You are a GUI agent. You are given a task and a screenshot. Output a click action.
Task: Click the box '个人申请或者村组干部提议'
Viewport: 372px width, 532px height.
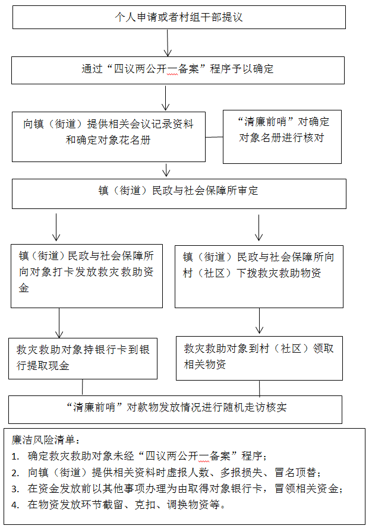pos(179,17)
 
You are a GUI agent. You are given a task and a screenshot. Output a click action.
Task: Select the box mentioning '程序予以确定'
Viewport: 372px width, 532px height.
pos(178,70)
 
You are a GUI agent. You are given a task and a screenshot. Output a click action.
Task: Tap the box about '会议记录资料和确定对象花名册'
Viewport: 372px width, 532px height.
pos(109,137)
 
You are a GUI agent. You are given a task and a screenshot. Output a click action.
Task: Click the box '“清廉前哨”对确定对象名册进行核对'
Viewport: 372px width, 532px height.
pos(282,137)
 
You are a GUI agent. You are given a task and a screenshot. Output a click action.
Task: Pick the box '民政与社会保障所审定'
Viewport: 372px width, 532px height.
pos(179,194)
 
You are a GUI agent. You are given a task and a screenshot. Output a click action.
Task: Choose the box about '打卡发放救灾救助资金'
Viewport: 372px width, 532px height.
pos(87,276)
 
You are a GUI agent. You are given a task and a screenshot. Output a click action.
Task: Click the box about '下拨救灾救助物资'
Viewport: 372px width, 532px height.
pos(259,277)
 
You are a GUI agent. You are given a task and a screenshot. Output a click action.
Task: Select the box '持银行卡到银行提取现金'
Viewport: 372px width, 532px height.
pos(83,358)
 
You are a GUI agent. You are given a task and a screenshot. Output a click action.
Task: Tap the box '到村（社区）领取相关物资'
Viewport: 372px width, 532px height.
pos(259,358)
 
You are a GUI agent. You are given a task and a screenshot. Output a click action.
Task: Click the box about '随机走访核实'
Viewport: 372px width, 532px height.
pos(175,410)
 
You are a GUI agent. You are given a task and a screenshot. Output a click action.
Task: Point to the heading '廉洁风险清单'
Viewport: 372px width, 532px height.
pos(46,440)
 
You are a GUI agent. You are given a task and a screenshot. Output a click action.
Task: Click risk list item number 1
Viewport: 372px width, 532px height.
pos(139,456)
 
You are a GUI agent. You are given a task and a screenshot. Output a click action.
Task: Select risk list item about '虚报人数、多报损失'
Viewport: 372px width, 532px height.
pos(166,472)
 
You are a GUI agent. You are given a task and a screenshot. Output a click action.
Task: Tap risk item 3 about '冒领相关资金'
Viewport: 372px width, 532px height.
pos(177,489)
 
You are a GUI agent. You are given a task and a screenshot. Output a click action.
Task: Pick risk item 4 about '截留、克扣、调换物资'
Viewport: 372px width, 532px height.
pos(118,505)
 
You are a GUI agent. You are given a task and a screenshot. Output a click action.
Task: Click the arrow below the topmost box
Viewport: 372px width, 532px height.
pos(168,43)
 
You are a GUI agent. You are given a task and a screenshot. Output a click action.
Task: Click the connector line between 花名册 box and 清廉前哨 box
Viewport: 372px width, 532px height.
pos(214,137)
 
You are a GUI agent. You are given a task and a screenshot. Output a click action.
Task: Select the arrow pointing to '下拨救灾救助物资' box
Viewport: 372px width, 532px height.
pos(258,227)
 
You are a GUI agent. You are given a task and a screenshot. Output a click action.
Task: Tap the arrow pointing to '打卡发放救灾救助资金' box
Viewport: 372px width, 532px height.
pos(56,227)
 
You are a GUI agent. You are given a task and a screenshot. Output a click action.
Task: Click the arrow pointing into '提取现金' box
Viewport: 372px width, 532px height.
pos(59,323)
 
